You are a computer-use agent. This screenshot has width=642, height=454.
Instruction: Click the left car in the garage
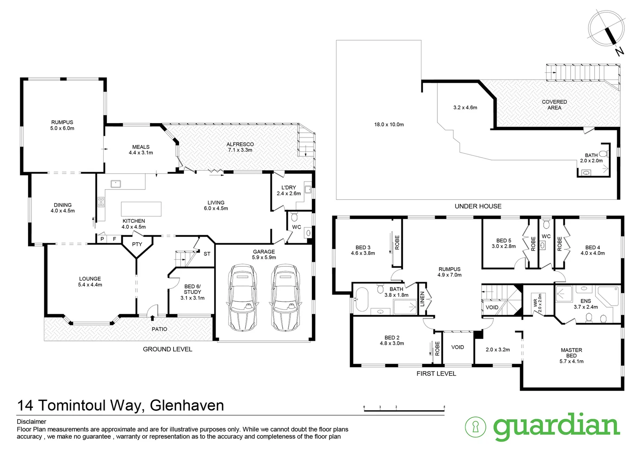point(242,298)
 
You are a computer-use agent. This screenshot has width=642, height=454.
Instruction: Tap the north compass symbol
point(606,29)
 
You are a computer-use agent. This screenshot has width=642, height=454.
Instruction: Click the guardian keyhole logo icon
point(476,427)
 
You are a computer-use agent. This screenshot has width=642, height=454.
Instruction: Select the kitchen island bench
point(141,209)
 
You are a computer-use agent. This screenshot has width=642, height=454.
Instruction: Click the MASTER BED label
point(571,353)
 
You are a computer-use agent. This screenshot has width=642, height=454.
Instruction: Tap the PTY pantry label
point(137,244)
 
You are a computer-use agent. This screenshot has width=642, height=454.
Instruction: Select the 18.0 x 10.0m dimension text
point(389,124)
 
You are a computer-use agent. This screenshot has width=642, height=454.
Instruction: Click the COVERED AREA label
point(554,105)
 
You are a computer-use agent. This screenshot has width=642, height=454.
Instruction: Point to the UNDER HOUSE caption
point(478,206)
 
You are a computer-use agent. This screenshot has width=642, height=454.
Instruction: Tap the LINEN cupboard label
point(423,299)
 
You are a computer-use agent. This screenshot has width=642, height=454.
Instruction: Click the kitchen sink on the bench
point(116,184)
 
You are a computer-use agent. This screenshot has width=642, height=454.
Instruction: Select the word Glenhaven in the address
point(187,405)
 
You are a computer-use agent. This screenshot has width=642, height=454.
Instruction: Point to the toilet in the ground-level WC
point(294,217)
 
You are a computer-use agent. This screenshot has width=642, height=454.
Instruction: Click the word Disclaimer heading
point(32,422)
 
